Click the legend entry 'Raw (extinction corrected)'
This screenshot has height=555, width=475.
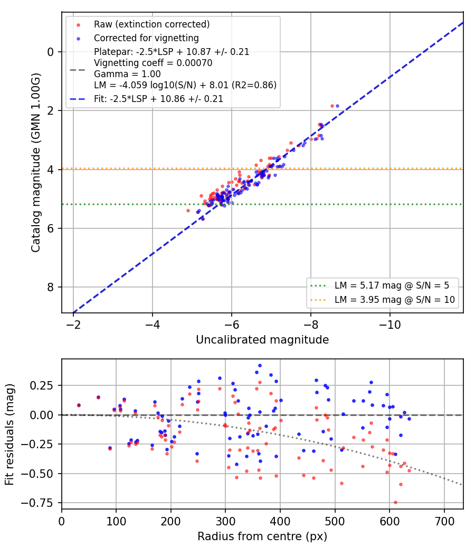[x=151, y=24]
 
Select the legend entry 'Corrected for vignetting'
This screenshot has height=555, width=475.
[x=146, y=38]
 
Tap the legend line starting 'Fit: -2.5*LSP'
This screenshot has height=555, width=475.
[x=158, y=99]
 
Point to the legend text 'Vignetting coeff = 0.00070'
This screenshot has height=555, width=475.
[x=153, y=63]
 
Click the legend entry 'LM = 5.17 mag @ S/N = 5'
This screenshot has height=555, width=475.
[x=392, y=285]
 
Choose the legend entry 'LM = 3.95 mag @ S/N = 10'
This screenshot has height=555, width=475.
[x=394, y=300]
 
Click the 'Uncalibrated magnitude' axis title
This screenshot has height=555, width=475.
[x=262, y=340]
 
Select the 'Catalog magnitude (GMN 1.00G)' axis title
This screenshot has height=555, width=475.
[x=36, y=163]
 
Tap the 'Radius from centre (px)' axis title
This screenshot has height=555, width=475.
[x=262, y=536]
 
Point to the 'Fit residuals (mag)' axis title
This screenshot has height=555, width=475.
[x=9, y=434]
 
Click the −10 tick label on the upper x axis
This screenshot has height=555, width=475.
[x=390, y=325]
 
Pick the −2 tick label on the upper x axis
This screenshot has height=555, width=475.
[x=73, y=325]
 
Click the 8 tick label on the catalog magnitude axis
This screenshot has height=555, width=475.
[x=51, y=288]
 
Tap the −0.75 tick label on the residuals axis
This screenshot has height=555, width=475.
[x=38, y=503]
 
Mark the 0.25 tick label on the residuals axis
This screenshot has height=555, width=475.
[x=42, y=385]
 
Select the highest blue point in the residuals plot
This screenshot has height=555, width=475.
[x=260, y=366]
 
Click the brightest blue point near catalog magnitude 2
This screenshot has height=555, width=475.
[x=337, y=106]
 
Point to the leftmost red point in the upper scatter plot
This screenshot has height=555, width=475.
[x=188, y=211]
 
